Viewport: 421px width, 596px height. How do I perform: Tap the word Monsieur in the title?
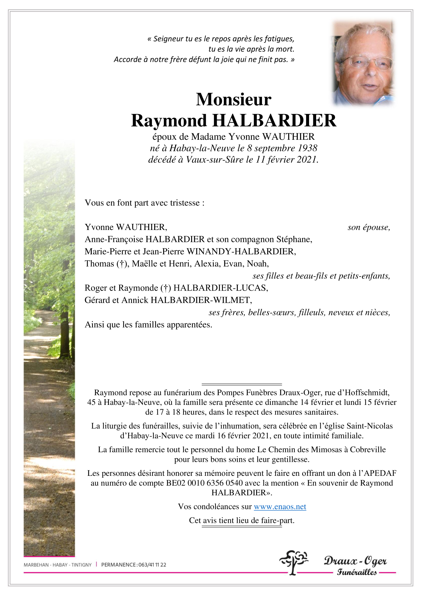[x=234, y=100]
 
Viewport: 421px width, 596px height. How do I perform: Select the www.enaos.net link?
[x=280, y=507]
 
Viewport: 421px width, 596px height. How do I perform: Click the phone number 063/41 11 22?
[x=152, y=565]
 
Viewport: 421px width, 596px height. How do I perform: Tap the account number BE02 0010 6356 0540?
[x=205, y=483]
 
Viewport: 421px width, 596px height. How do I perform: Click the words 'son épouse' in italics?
[x=368, y=228]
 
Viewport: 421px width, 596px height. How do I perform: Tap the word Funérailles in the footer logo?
[x=357, y=572]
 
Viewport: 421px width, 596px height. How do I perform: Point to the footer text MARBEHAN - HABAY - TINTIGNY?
[x=57, y=565]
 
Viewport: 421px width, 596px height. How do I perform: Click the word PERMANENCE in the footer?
[x=119, y=565]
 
